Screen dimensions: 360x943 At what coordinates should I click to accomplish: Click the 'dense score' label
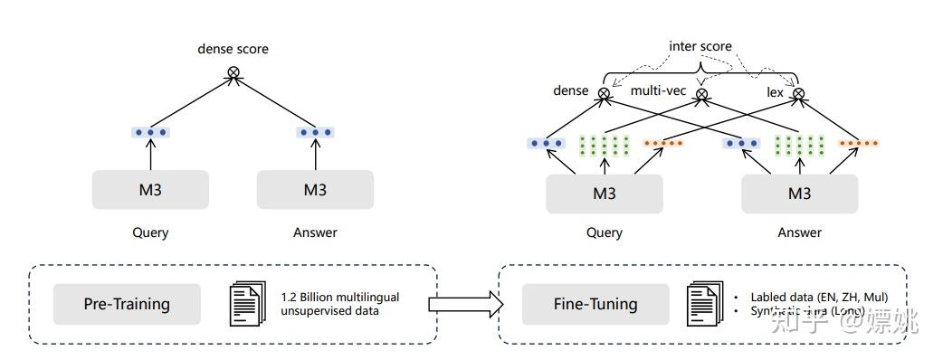click(233, 49)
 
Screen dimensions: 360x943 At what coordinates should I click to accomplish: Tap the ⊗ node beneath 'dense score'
click(233, 71)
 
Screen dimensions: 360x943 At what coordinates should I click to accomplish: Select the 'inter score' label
click(700, 46)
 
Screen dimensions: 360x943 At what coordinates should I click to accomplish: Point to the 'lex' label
click(776, 91)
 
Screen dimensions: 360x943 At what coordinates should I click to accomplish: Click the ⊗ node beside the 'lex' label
click(797, 92)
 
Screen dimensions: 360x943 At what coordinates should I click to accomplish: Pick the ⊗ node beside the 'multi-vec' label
click(700, 92)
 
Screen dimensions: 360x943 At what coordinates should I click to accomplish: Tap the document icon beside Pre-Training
click(245, 304)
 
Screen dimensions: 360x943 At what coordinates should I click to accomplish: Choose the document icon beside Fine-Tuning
click(706, 304)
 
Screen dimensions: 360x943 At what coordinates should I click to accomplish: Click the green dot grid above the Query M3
click(604, 146)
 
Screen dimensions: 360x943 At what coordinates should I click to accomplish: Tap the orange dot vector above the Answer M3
click(858, 143)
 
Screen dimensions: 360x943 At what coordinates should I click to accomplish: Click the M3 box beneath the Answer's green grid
click(799, 194)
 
